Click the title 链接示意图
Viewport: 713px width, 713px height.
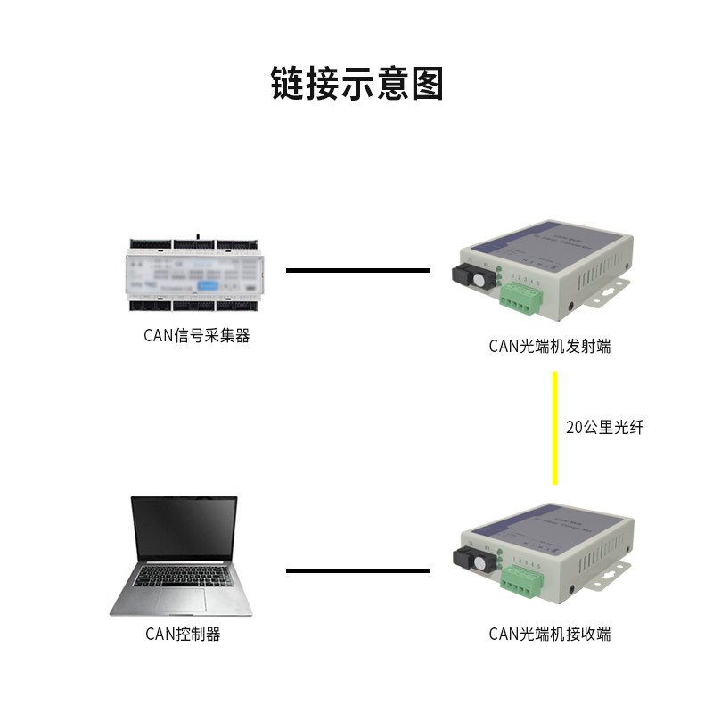356,83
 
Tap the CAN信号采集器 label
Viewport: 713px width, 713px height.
196,336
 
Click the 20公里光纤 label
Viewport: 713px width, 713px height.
604,427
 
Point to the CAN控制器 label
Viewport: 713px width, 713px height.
183,634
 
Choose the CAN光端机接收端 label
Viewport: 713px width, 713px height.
550,634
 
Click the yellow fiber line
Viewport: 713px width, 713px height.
554,428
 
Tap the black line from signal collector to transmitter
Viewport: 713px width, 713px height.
357,269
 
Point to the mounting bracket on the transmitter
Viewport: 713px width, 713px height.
612,291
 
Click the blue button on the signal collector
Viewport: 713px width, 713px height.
207,286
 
